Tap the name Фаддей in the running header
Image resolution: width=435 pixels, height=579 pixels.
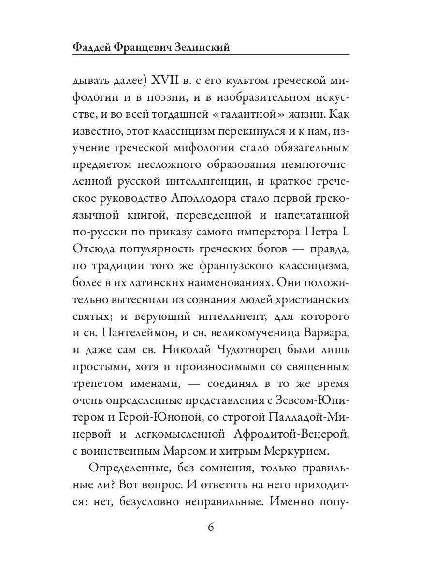coord(92,47)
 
